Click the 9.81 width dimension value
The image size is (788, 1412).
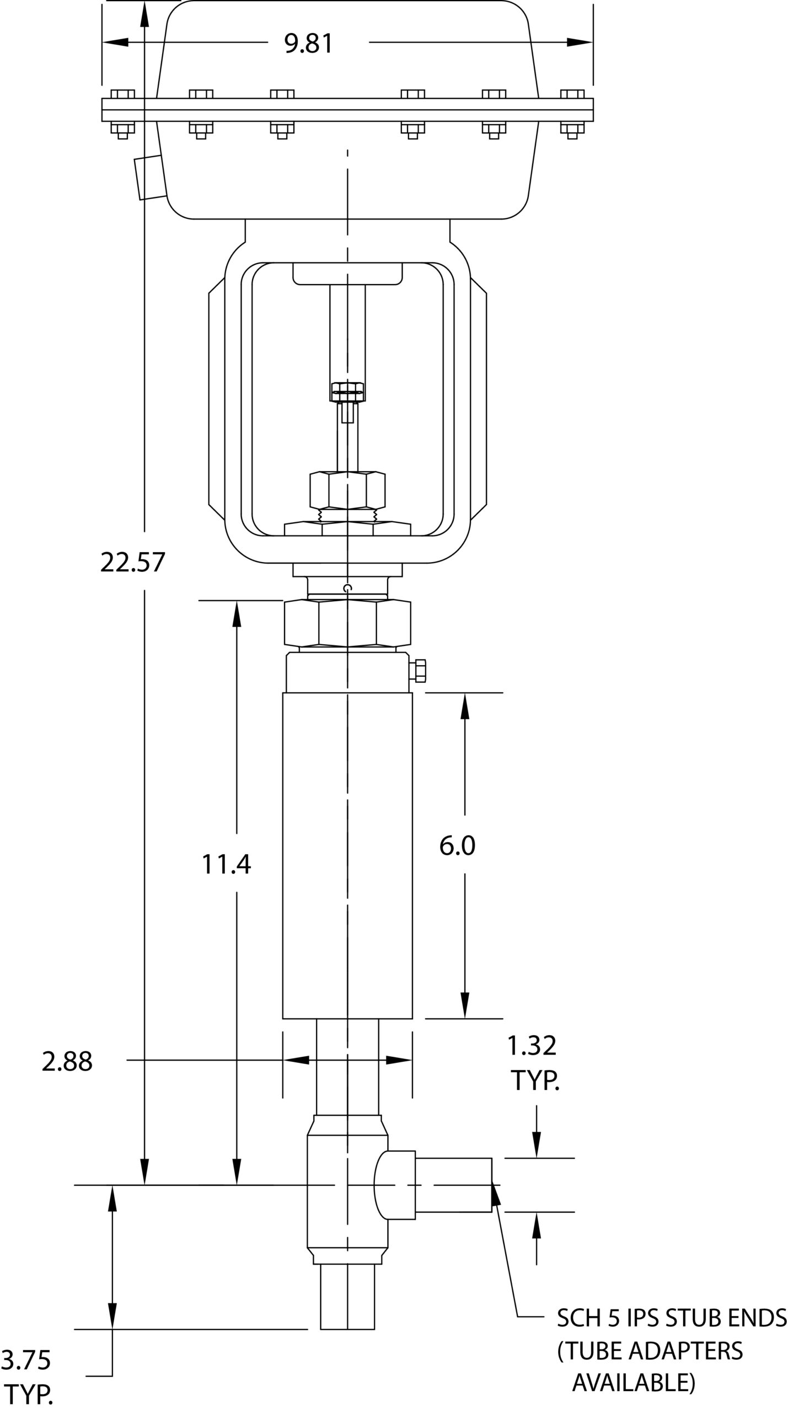(x=309, y=44)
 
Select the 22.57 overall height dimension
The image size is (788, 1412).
(x=133, y=563)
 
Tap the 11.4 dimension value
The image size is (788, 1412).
(x=226, y=864)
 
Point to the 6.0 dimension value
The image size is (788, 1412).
(x=457, y=845)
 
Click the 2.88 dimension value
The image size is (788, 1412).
(x=67, y=1061)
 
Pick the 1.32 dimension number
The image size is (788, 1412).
(x=532, y=1045)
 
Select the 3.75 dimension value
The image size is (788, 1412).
(x=26, y=1360)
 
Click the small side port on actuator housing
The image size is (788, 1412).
(x=150, y=178)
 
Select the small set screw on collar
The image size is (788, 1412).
(x=419, y=670)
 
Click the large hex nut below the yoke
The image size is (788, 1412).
(x=347, y=623)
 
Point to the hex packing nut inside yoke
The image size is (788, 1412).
(x=347, y=490)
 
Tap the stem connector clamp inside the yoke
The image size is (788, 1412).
(x=347, y=392)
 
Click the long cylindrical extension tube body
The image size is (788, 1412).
(x=347, y=855)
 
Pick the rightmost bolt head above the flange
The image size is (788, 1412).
(x=572, y=94)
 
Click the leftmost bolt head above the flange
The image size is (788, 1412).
(x=122, y=94)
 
